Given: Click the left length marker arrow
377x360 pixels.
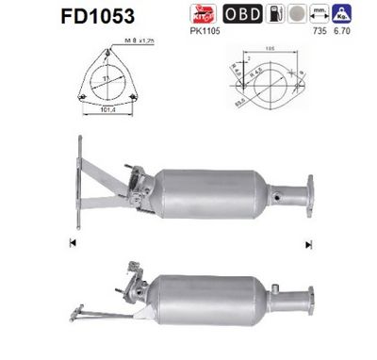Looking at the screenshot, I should (x=72, y=244).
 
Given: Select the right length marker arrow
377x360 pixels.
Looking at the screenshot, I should (x=306, y=244).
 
